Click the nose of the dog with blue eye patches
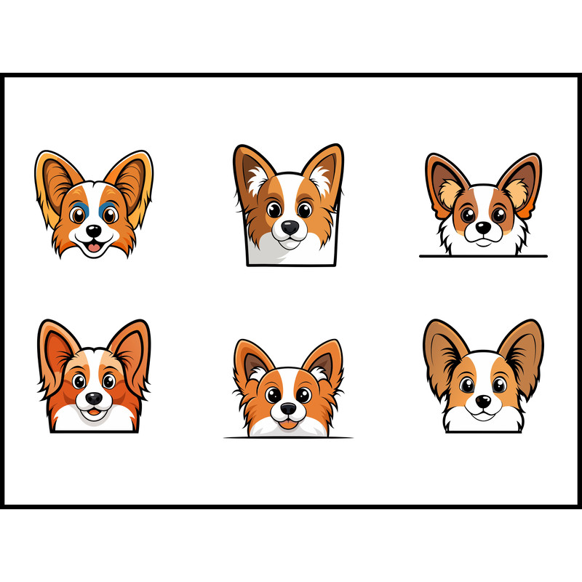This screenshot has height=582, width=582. [94, 231]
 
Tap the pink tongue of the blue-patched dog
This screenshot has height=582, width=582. [94, 247]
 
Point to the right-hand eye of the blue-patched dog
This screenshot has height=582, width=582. [109, 215]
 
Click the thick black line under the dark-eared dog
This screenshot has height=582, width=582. [483, 256]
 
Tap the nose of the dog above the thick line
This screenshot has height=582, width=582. [482, 228]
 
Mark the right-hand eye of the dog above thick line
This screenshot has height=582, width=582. [499, 215]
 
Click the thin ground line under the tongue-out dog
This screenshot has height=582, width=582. [288, 438]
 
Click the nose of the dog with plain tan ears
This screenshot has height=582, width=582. [482, 401]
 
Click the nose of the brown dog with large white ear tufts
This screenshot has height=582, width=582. [290, 228]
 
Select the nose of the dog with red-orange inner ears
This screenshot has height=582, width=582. [95, 399]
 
